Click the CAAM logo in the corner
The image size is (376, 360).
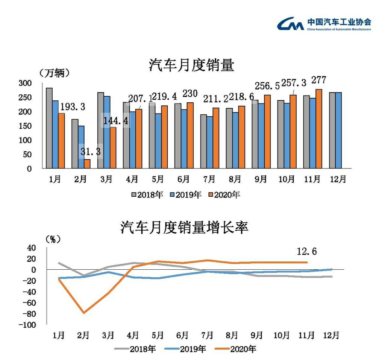coord(324,23)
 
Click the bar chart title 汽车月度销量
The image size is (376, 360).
coord(191,65)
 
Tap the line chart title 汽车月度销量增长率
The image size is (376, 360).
coord(184,227)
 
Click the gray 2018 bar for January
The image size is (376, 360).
coord(49,128)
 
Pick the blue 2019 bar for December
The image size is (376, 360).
coord(338,130)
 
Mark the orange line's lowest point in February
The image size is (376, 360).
coord(83,313)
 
